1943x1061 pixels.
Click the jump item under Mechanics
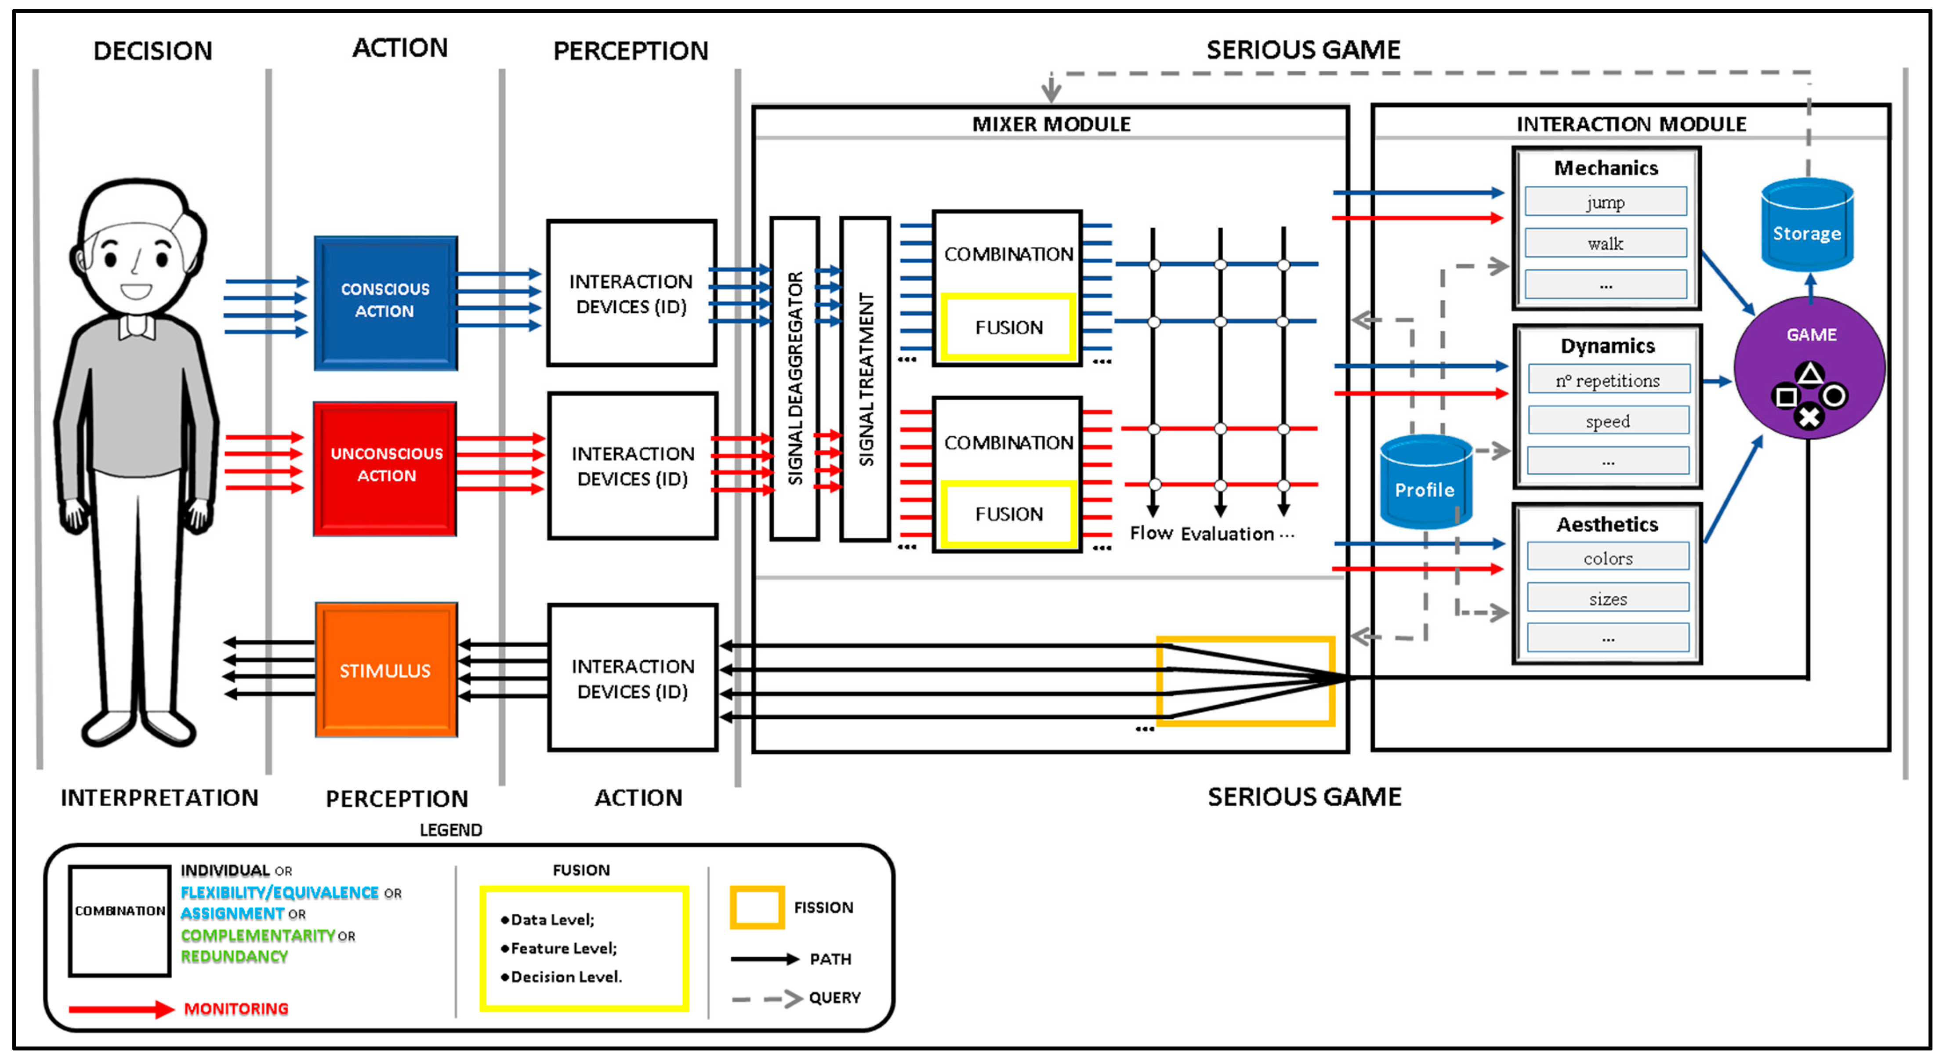[x=1605, y=202]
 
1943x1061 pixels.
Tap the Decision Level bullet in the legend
[x=565, y=977]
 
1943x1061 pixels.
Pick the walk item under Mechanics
[x=1605, y=243]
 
